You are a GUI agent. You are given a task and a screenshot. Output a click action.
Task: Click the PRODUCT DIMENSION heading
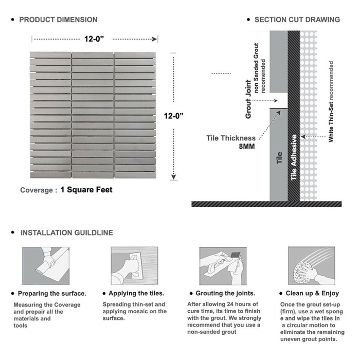pos(58,20)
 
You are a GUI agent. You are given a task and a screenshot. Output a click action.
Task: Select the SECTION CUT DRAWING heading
pos(297,20)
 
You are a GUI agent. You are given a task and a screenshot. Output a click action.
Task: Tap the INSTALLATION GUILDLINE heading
pos(66,232)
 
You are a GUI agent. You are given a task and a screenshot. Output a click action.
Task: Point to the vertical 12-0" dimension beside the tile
pos(175,116)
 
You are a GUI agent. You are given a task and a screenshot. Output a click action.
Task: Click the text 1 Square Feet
pos(86,190)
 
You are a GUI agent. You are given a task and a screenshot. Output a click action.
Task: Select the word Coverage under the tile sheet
pos(37,190)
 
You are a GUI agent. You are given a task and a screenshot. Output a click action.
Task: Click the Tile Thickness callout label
pos(231,138)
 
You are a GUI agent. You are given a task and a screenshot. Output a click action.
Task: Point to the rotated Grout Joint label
pos(248,99)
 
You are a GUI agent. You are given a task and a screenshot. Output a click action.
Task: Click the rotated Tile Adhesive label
pos(294,157)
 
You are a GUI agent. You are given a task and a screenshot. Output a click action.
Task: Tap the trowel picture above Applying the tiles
pos(134,265)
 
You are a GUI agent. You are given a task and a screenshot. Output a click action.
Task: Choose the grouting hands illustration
pos(222,265)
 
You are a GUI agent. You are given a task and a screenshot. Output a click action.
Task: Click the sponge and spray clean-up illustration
pos(311,265)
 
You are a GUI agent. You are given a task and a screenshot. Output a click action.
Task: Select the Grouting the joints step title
pos(225,293)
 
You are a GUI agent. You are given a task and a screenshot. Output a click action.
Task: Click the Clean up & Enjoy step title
pos(313,293)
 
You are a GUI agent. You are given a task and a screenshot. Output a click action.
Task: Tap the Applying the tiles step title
pos(137,293)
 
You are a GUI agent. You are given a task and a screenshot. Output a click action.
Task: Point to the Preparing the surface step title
pos(51,293)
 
